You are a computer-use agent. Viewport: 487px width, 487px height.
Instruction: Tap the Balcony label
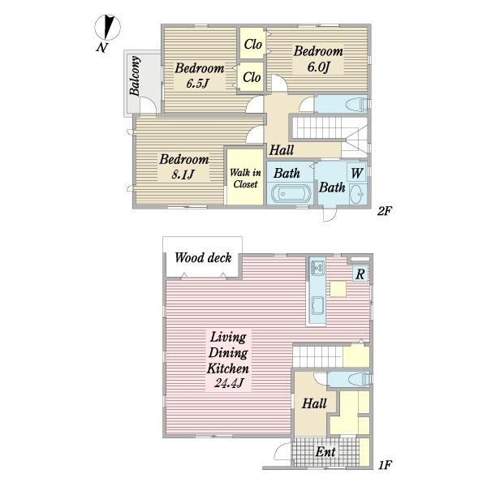(x=135, y=75)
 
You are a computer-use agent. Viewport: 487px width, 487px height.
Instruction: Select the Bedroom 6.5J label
(x=199, y=75)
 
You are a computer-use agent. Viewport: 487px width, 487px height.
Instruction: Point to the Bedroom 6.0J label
(x=318, y=59)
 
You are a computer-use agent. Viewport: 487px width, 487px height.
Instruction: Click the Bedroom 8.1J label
(x=184, y=166)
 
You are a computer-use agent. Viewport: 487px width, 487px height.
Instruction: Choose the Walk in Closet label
(x=245, y=179)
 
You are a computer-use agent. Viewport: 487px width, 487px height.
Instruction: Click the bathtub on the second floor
(x=291, y=193)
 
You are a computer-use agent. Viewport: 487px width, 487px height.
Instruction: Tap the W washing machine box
(x=357, y=173)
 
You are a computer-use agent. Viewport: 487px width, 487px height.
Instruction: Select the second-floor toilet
(x=359, y=104)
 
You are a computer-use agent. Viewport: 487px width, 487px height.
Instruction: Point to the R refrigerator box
(x=360, y=274)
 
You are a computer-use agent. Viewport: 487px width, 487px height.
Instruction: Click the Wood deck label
(x=203, y=258)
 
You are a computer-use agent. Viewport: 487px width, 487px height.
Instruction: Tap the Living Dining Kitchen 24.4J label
(x=228, y=360)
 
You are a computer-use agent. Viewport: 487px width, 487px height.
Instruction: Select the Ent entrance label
(x=325, y=451)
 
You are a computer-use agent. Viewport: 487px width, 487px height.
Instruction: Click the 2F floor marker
(x=384, y=211)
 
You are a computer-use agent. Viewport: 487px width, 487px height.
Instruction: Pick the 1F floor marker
(x=385, y=465)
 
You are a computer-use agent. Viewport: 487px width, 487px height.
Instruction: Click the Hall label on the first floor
(x=314, y=403)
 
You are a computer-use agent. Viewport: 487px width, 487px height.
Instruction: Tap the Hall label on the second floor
(x=282, y=150)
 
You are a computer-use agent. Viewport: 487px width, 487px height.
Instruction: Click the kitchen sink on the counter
(x=317, y=268)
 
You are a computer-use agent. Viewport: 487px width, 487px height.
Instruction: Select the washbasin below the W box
(x=358, y=194)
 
